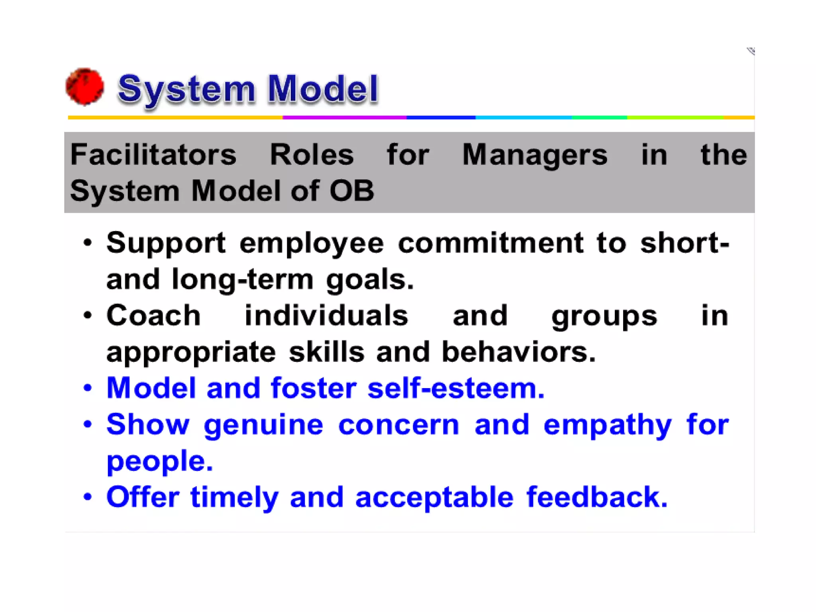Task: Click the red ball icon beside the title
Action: pyautogui.click(x=85, y=87)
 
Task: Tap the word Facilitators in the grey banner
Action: pyautogui.click(x=153, y=155)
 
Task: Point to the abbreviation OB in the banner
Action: pyautogui.click(x=352, y=191)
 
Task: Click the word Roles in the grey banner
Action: pyautogui.click(x=312, y=155)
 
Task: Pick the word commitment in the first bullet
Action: pyautogui.click(x=490, y=243)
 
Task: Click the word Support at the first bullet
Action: pyautogui.click(x=166, y=243)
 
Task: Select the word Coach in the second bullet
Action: pyautogui.click(x=153, y=316)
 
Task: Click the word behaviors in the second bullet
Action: pyautogui.click(x=518, y=352)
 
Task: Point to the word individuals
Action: pyautogui.click(x=326, y=316)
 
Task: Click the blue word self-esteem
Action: pyautogui.click(x=455, y=388)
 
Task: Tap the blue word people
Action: pyautogui.click(x=159, y=461)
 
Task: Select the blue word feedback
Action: pyautogui.click(x=596, y=497)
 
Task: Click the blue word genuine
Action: pyautogui.click(x=263, y=425)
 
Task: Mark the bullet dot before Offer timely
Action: pyautogui.click(x=88, y=497)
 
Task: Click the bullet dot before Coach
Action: pyautogui.click(x=88, y=316)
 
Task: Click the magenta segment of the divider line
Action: pyautogui.click(x=344, y=118)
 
